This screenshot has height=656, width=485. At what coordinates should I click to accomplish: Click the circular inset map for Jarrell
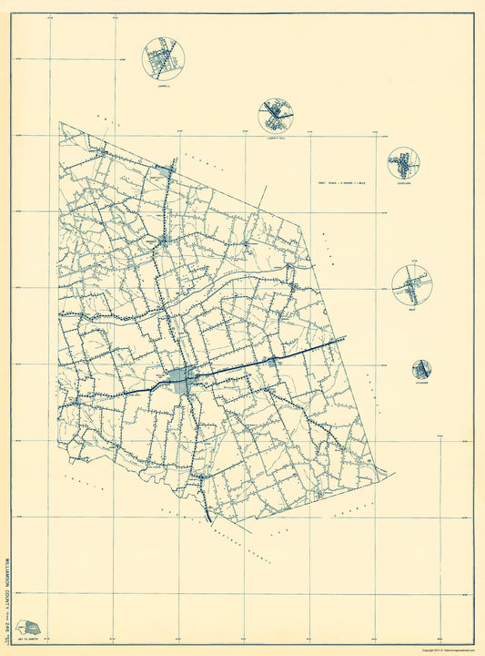[x=164, y=58]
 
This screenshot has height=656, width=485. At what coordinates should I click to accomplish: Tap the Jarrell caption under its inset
[x=164, y=87]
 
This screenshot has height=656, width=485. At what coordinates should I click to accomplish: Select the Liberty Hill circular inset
[x=277, y=117]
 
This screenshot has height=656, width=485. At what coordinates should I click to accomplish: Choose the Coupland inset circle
[x=403, y=164]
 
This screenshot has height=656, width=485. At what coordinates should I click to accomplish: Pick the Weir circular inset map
[x=412, y=285]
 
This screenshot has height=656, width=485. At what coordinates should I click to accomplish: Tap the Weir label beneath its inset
[x=412, y=311]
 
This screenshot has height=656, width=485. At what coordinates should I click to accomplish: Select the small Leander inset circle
[x=421, y=369]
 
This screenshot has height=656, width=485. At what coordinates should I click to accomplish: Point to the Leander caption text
[x=421, y=384]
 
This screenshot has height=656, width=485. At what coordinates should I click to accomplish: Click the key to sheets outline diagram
[x=31, y=627]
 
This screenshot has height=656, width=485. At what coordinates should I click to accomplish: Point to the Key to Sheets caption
[x=31, y=641]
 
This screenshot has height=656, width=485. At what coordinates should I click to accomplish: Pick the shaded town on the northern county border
[x=165, y=170]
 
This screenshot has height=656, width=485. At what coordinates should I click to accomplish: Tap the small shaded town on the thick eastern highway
[x=270, y=363]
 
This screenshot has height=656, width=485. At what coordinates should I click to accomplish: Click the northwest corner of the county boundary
[x=60, y=122]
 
